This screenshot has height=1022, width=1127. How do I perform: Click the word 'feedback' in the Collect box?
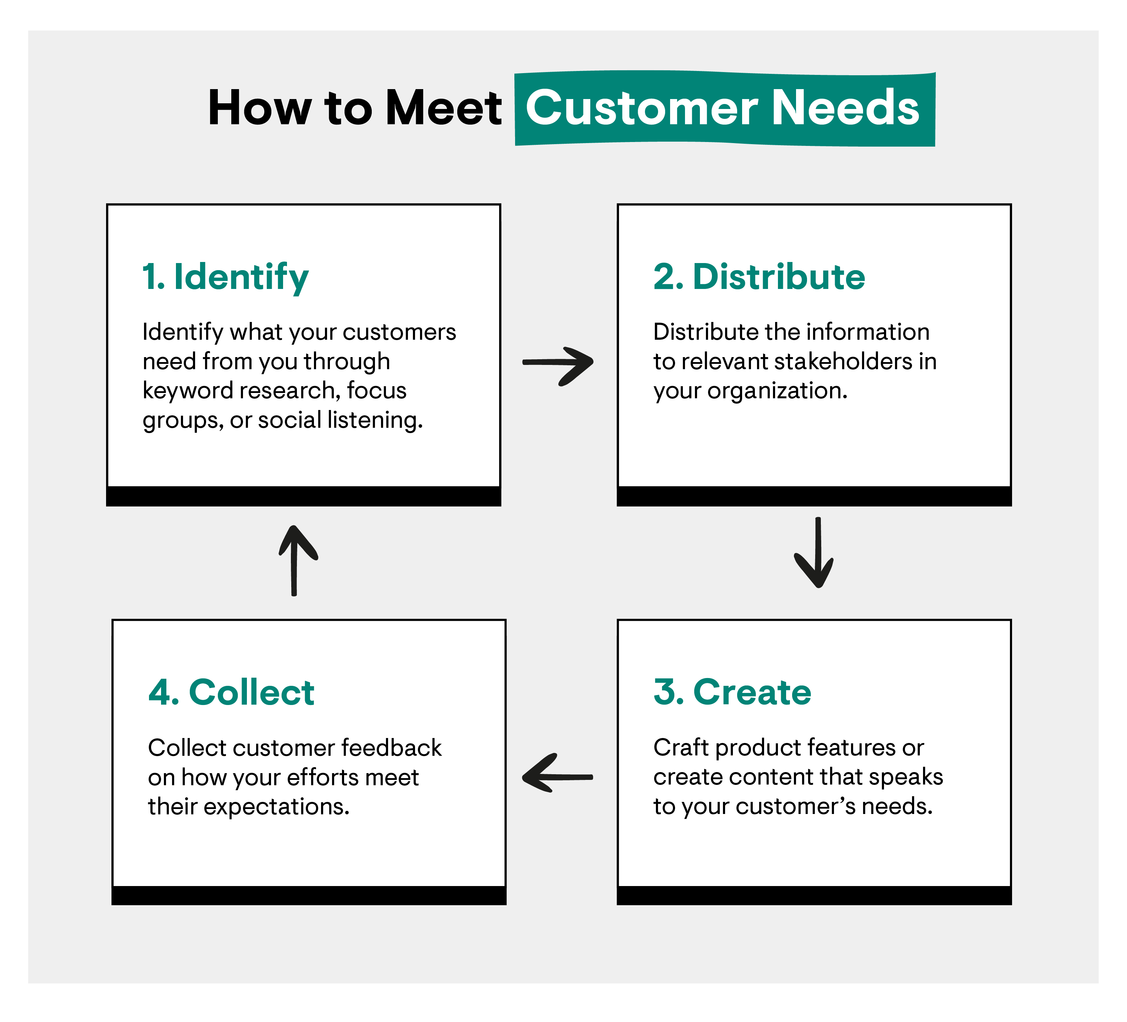pyautogui.click(x=391, y=748)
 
